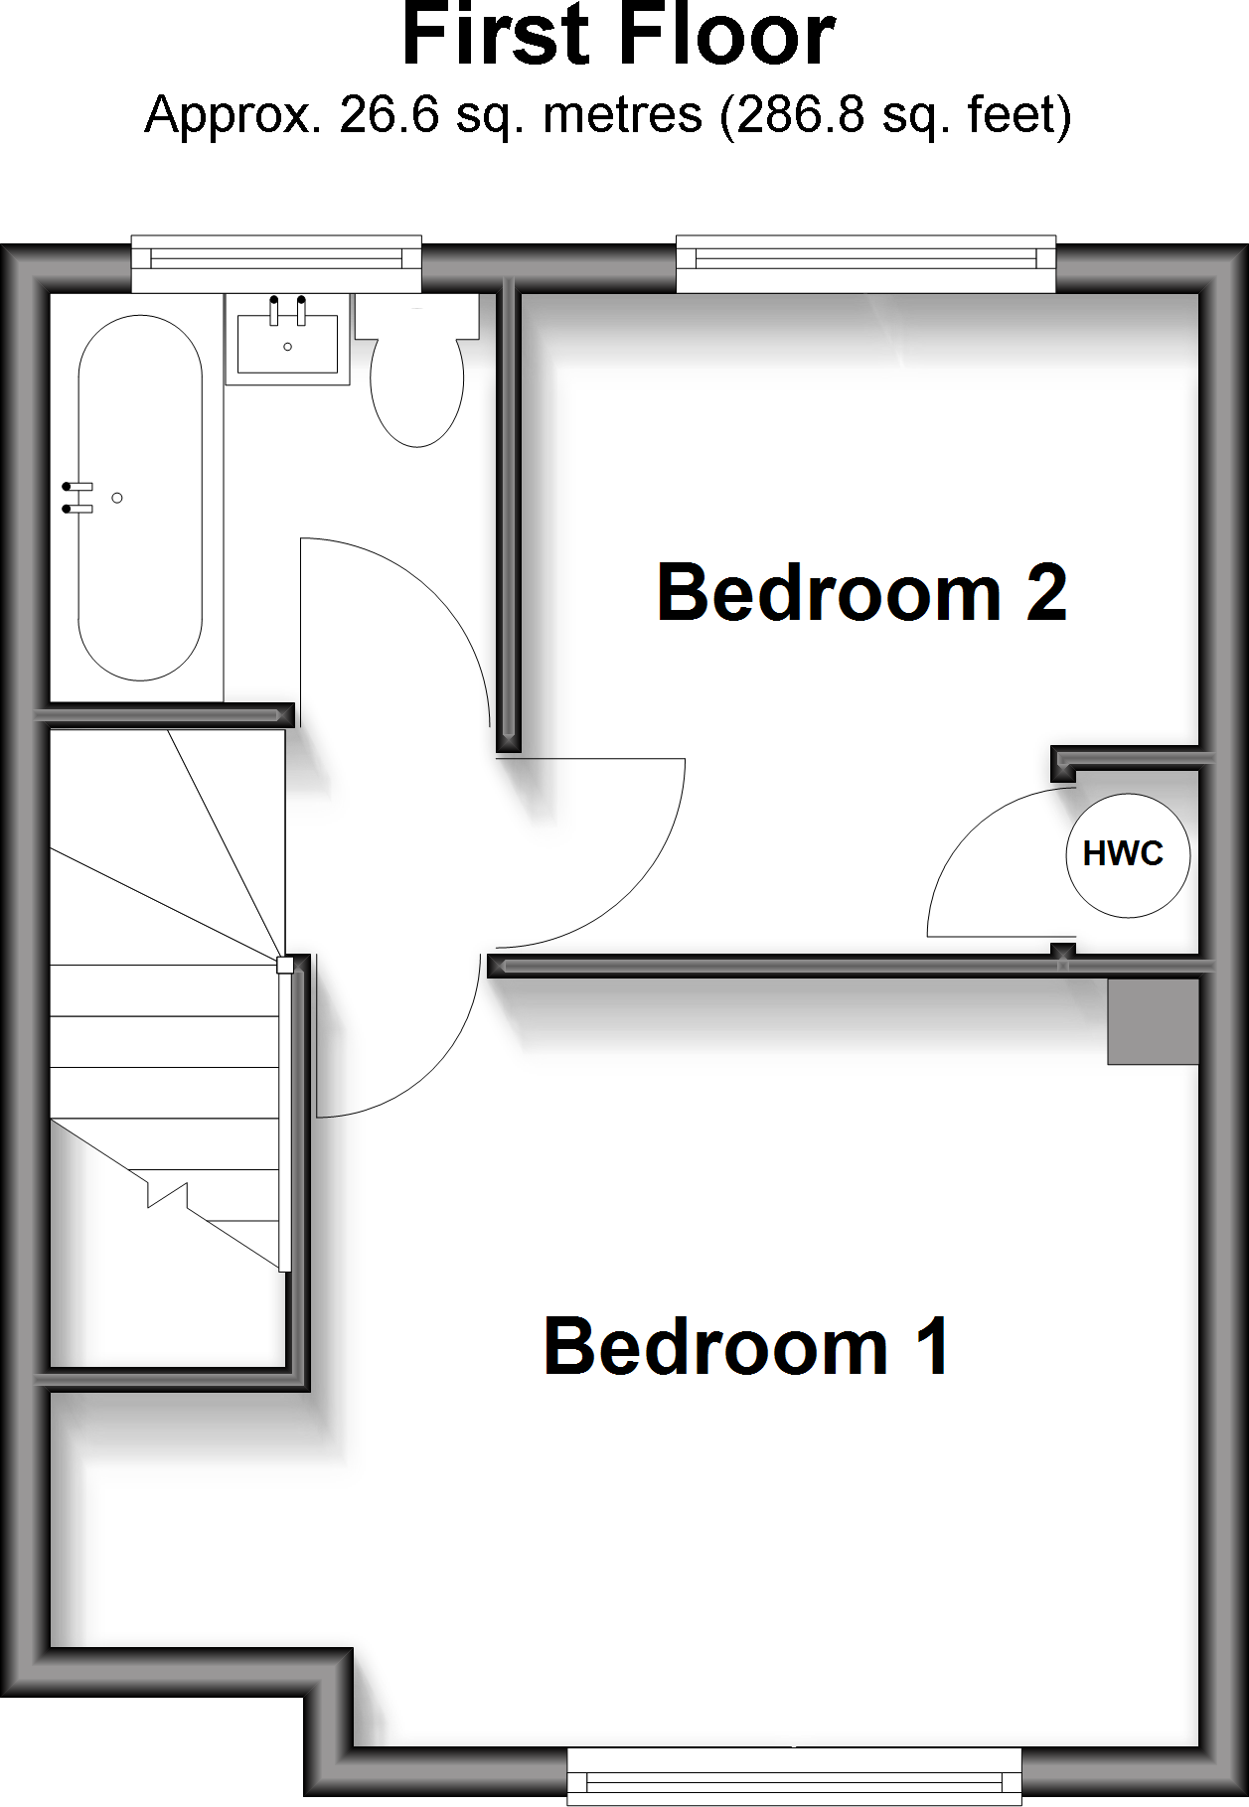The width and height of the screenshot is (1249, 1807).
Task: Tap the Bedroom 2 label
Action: point(861,593)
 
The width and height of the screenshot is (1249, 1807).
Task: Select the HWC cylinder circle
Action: point(1127,854)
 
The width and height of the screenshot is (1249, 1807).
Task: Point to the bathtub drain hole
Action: point(117,498)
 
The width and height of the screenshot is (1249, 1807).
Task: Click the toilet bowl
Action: point(417,390)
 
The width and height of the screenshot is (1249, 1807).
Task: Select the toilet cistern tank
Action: point(417,315)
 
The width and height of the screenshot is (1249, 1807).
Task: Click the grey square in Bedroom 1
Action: point(1153,1021)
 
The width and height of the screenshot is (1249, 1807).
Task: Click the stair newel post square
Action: point(284,965)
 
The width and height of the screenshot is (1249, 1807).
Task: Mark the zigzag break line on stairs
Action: point(167,1193)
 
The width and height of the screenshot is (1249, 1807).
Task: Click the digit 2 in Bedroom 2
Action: point(1045,593)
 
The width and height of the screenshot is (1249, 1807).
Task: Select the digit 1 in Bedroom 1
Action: point(932,1347)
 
